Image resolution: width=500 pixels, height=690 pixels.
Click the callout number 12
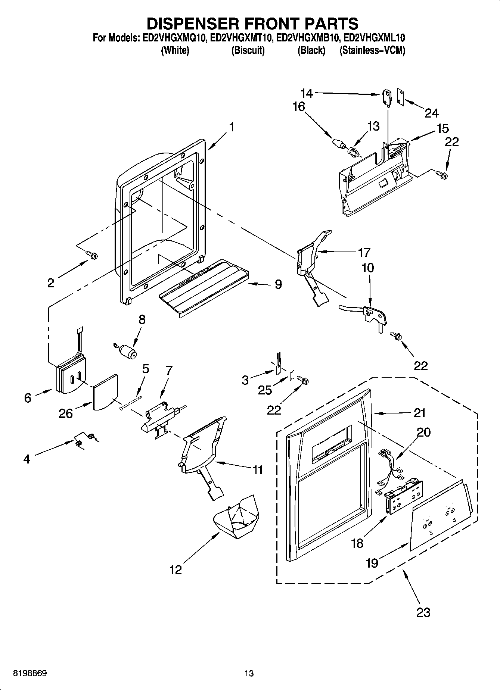point(176,570)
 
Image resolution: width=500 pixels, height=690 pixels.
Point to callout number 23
point(423,612)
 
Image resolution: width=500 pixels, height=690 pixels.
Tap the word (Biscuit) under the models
point(248,51)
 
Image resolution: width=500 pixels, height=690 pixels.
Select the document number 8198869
point(30,674)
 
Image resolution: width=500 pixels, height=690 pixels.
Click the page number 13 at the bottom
point(249,674)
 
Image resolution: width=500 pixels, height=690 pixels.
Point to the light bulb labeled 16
point(337,144)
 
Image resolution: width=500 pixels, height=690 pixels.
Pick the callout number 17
point(364,253)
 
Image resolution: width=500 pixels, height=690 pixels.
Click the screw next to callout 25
point(303,381)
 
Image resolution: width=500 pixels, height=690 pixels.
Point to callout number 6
point(28,398)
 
